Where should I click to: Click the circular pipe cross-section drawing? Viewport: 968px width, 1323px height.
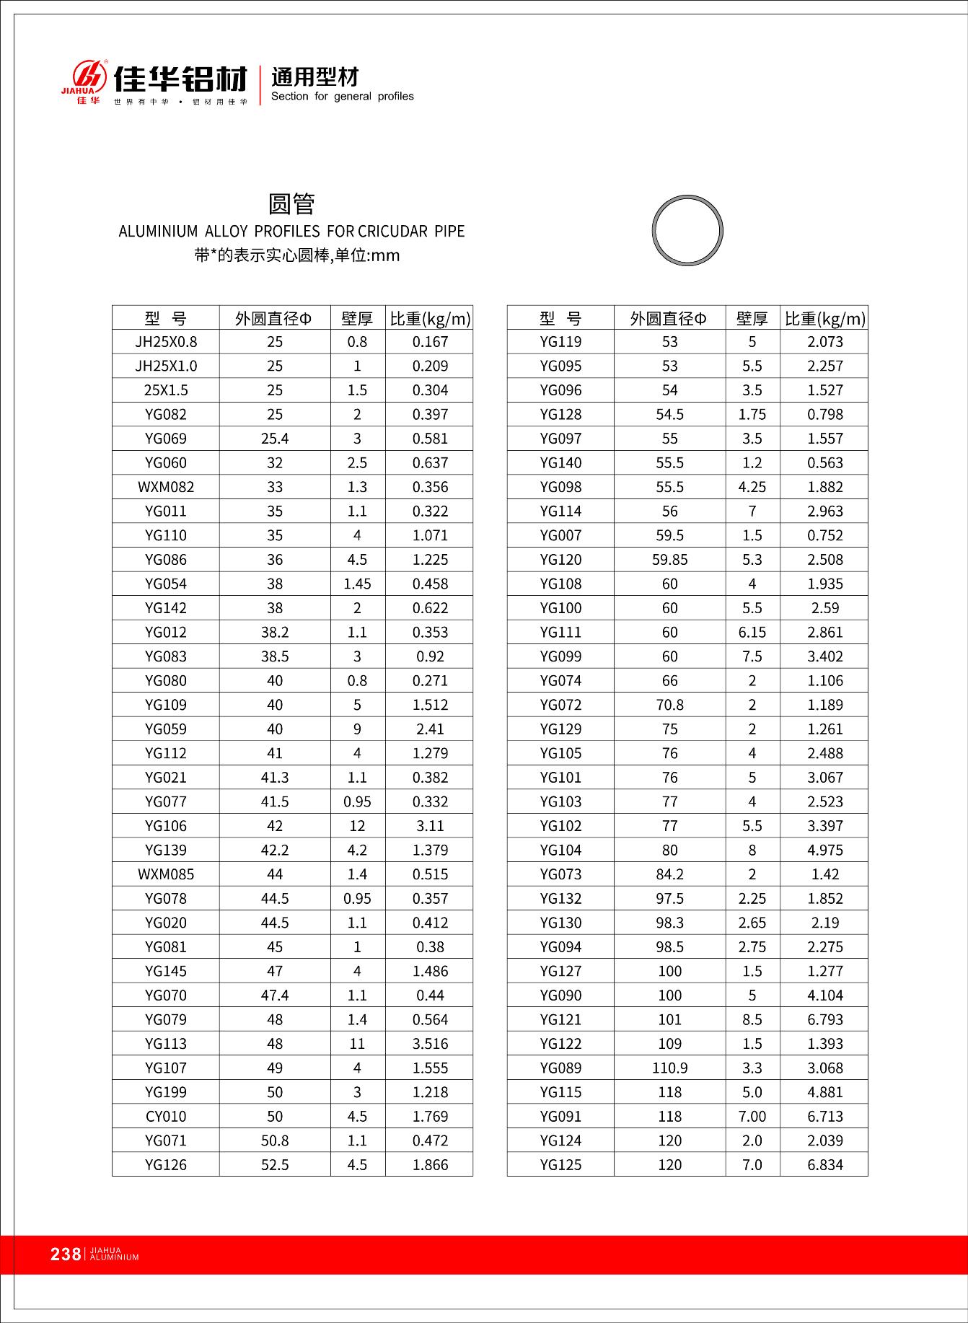coord(687,231)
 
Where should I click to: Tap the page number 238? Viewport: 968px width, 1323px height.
coord(66,1254)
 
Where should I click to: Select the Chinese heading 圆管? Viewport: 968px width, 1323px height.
coord(291,204)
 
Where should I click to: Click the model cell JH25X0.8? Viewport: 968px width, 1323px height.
coord(166,342)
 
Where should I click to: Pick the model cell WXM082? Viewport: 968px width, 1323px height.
coord(166,487)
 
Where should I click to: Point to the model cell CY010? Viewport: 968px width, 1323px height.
coord(166,1117)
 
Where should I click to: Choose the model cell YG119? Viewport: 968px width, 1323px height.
coord(560,342)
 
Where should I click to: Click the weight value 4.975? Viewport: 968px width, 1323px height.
coord(824,850)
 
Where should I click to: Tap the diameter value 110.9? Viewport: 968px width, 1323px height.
coord(669,1068)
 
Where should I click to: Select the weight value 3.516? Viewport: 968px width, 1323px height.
coord(430,1044)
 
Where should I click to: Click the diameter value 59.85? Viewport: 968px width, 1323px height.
coord(669,560)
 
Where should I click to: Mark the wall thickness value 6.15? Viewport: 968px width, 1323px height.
coord(752,633)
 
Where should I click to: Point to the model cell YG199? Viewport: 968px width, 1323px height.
coord(166,1092)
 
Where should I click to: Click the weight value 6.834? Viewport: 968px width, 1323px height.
coord(824,1165)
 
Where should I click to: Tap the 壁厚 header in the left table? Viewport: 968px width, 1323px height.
coord(357,318)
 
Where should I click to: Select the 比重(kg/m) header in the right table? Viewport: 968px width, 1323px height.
coord(824,318)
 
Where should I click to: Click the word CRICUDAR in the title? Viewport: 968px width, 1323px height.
coord(395,232)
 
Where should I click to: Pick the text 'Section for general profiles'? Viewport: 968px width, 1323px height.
coord(343,97)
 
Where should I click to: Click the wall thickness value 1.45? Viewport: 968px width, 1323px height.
coord(357,584)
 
